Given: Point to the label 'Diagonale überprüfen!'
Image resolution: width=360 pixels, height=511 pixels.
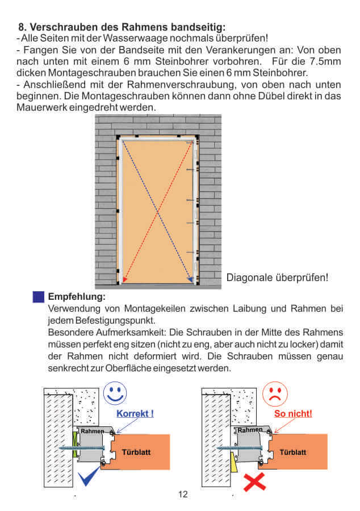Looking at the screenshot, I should tap(277, 278).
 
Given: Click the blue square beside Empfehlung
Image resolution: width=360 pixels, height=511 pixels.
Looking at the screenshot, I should tap(39, 297).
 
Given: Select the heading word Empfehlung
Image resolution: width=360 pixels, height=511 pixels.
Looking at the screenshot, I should tap(77, 296).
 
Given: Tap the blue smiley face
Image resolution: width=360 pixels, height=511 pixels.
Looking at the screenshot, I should tap(116, 394).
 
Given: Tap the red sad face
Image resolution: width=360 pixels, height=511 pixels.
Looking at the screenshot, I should tap(275, 394).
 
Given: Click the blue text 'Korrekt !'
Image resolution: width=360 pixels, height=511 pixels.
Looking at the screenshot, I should tap(135, 413).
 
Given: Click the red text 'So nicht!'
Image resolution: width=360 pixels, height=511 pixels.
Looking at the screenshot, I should tap(293, 413).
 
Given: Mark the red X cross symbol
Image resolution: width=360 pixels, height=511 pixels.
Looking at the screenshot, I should tap(256, 482).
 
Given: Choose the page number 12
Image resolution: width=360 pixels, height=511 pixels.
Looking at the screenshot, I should tap(182, 494).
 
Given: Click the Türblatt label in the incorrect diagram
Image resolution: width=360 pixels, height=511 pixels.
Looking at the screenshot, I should tap(293, 452).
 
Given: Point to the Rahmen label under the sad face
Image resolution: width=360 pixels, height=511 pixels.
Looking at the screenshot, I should tap(250, 430).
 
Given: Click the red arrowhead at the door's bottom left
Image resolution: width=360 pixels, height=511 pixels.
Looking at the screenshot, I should tap(124, 280).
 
